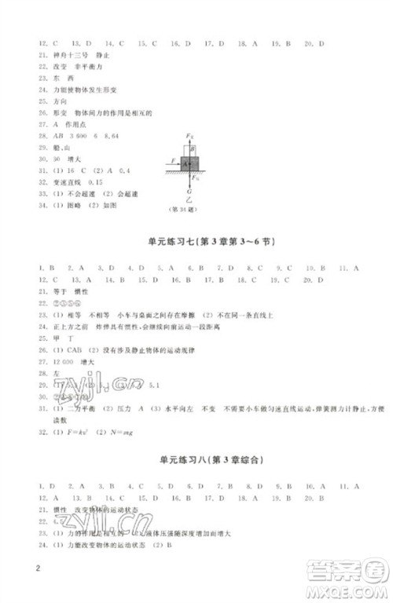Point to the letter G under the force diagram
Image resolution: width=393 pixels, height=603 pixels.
(x=189, y=192)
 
